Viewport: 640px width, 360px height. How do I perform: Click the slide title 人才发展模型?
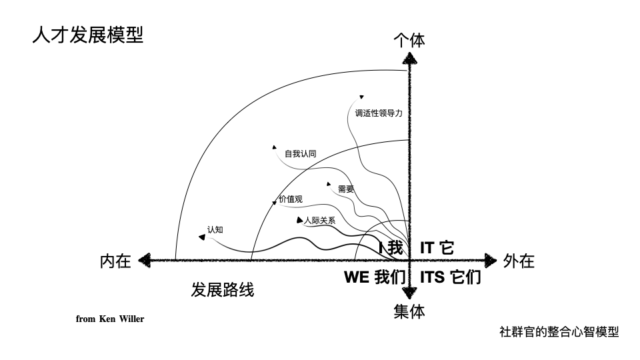87,35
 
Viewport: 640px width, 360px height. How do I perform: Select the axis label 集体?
409,311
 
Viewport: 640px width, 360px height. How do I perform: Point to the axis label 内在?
115,261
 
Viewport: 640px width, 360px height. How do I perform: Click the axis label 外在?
519,261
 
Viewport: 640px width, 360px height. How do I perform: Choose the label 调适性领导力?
379,113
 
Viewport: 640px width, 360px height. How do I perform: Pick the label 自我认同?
301,154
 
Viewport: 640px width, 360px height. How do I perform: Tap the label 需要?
346,189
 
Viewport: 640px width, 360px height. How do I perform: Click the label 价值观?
291,199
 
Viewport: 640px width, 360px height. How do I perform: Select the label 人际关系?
319,221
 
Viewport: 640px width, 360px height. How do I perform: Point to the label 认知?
215,230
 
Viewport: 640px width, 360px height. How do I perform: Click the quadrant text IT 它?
437,248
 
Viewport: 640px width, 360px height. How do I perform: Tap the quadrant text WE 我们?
375,277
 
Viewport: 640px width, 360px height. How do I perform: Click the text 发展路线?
223,290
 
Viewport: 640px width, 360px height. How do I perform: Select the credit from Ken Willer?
110,319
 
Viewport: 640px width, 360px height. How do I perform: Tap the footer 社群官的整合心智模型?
559,331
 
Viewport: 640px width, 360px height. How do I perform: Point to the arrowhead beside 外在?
492,260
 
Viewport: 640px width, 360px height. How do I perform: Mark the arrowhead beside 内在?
143,261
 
